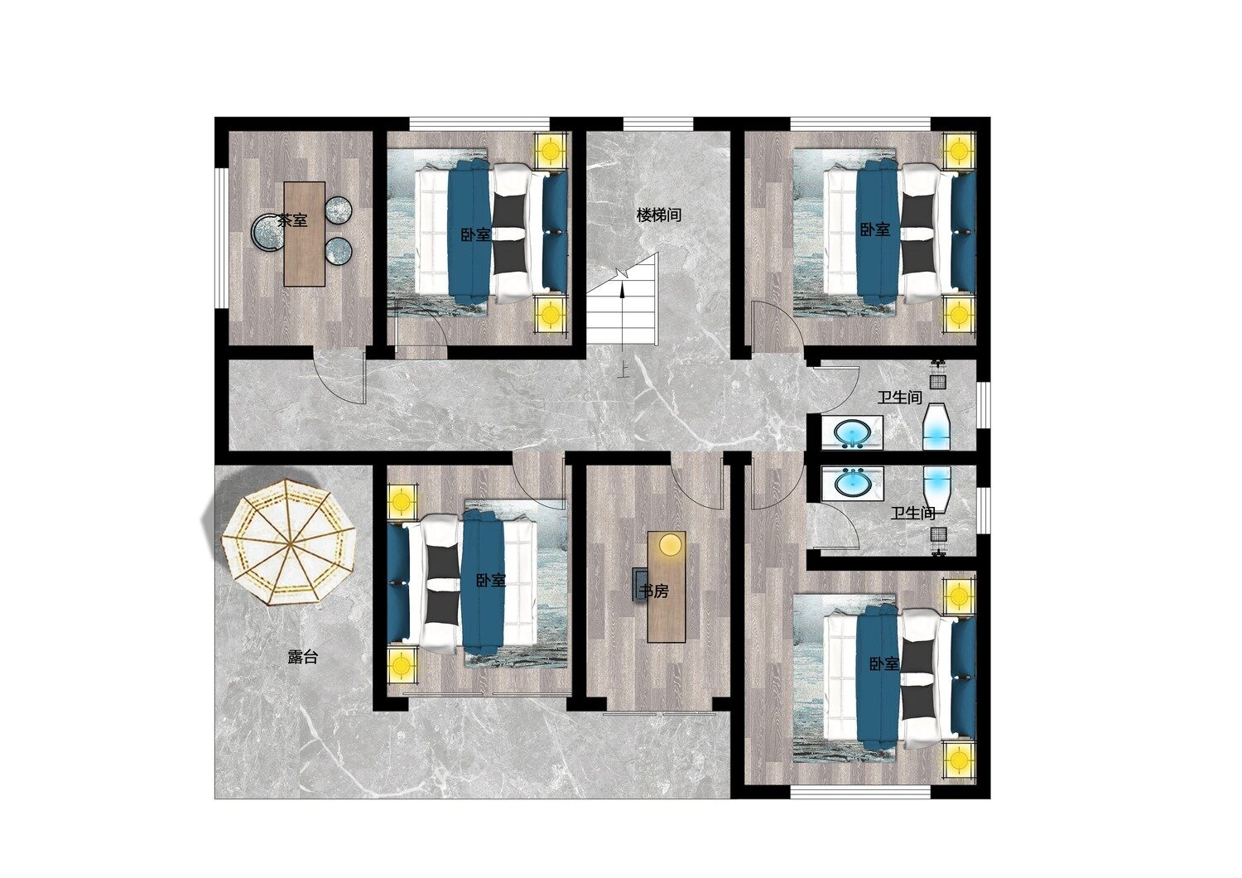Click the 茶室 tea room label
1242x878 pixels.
(x=292, y=221)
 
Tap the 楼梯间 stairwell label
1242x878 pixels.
(x=659, y=215)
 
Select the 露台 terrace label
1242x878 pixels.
(x=303, y=657)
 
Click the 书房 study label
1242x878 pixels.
(x=654, y=591)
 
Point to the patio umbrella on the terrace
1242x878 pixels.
(x=288, y=543)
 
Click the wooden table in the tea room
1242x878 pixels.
(x=305, y=234)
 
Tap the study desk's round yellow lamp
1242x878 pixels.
(x=670, y=544)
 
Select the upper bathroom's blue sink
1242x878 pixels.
(x=852, y=432)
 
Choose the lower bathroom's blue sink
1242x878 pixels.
(x=852, y=482)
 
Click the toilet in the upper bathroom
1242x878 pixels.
(x=936, y=426)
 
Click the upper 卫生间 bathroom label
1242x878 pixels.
(x=900, y=397)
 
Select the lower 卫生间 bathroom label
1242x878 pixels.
(x=913, y=513)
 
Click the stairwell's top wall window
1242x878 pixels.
(x=658, y=123)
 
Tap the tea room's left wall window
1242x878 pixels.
(x=221, y=239)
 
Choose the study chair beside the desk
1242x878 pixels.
(x=640, y=583)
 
